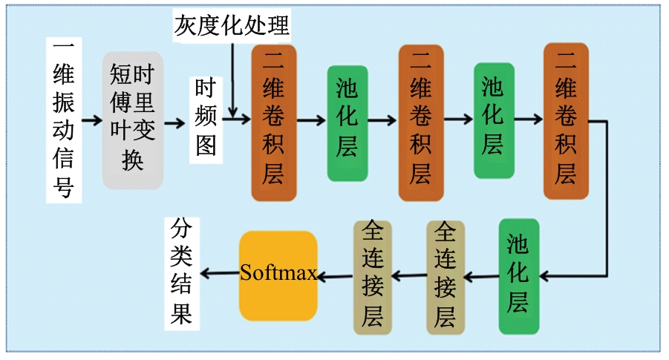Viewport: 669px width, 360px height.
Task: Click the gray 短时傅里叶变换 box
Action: coord(133,120)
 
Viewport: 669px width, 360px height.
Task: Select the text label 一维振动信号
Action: coord(65,120)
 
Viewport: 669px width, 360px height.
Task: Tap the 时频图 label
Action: coord(206,120)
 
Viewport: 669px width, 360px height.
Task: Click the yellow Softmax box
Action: coord(278,275)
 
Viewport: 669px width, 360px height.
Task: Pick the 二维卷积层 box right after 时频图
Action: coord(274,122)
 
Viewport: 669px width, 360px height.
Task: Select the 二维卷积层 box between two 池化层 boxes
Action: coord(420,122)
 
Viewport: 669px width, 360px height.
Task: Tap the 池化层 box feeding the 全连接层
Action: coord(518,275)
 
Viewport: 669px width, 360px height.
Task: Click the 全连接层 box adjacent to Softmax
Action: coord(372,275)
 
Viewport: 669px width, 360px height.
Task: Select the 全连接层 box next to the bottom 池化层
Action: coord(446,275)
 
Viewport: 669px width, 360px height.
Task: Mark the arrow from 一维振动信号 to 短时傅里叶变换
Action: coord(92,120)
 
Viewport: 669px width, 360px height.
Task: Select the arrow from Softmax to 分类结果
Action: coord(220,275)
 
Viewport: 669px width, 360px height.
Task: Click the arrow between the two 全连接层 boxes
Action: coord(409,276)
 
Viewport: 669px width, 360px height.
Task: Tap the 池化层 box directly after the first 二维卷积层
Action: coord(347,122)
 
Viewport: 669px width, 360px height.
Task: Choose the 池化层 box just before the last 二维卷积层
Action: coord(494,122)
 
